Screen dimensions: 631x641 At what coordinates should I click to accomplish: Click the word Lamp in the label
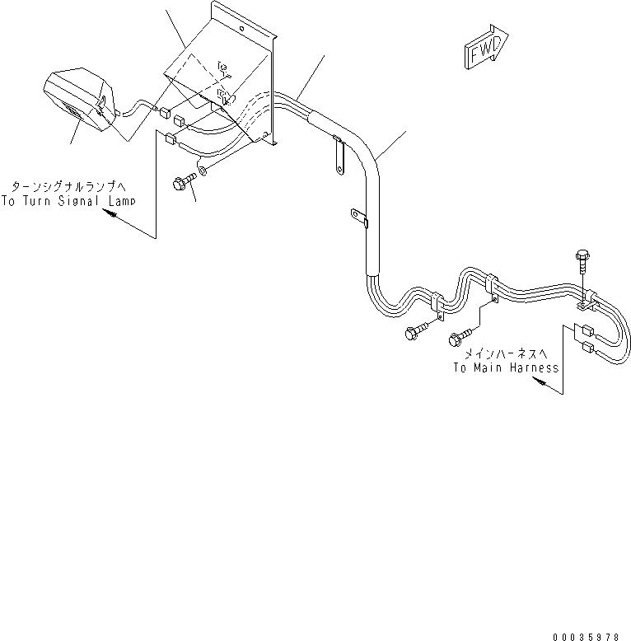[122, 201]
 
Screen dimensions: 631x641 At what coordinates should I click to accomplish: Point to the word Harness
[534, 367]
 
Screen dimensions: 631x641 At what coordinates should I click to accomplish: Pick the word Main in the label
[488, 367]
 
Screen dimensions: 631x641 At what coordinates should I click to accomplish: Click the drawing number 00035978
[586, 637]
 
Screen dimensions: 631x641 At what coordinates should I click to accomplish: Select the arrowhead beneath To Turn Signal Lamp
[109, 213]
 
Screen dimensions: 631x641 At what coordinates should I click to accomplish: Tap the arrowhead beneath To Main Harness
[539, 381]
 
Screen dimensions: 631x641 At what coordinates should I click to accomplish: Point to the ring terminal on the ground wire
[203, 168]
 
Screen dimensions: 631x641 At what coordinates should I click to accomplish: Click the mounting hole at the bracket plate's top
[241, 29]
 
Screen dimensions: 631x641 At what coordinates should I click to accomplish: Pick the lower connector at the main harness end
[587, 348]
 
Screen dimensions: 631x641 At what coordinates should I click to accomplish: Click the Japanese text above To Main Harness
[506, 353]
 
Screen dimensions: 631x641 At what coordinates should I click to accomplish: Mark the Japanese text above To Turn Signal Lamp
[68, 187]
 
